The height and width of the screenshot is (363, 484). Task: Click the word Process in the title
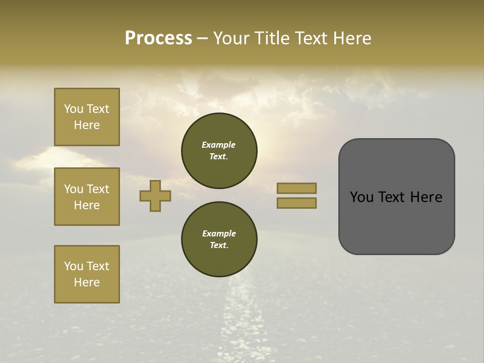[x=158, y=38]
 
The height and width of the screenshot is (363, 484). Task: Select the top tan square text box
[x=87, y=117]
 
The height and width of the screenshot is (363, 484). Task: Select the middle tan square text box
[x=87, y=197]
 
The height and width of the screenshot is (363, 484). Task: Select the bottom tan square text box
[x=87, y=274]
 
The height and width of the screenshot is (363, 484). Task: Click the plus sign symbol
[x=155, y=196]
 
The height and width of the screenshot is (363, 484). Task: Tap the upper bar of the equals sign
[x=296, y=188]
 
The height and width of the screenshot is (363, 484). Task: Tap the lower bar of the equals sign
[x=296, y=203]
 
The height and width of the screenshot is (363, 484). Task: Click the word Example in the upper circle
[x=219, y=145]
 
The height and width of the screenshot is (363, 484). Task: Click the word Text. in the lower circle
[x=219, y=246]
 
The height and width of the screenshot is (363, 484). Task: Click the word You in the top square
[x=74, y=109]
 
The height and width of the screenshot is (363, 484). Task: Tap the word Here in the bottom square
[x=87, y=282]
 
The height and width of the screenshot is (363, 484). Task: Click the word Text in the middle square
[x=98, y=189]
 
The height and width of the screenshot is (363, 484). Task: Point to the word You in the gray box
[x=361, y=197]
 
